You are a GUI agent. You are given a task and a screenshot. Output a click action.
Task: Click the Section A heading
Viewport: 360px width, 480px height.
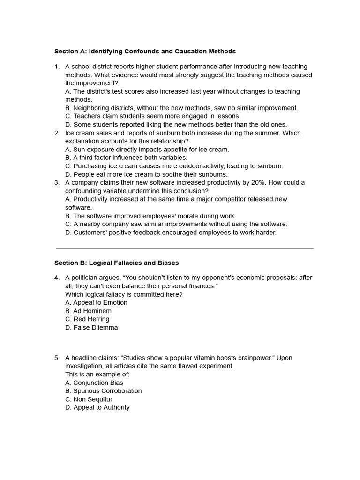[145, 52]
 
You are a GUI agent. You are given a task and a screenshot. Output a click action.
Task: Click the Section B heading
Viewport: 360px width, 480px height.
[116, 263]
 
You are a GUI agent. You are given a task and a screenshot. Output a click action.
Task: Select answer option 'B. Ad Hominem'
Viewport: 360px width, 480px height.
[88, 311]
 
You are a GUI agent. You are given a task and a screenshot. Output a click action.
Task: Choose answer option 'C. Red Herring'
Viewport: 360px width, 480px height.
[87, 319]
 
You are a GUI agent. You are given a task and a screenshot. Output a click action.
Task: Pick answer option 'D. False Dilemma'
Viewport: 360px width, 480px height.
[91, 328]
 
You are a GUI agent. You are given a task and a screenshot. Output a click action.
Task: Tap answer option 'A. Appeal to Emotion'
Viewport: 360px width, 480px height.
[96, 303]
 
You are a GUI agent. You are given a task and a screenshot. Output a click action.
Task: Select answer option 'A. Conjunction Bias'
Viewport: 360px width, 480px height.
[94, 383]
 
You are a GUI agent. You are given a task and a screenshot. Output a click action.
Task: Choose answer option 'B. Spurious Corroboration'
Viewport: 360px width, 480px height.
[103, 391]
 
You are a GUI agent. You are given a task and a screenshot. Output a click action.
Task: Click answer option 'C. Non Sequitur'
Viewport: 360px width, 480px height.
[89, 399]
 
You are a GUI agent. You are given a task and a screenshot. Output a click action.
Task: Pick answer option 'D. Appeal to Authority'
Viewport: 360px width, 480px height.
[97, 407]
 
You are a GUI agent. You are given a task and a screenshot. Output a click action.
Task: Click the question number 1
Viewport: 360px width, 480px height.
[57, 67]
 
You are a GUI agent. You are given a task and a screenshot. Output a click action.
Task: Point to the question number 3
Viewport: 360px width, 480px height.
[57, 182]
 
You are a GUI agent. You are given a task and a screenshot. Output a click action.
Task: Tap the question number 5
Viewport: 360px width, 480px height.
[57, 358]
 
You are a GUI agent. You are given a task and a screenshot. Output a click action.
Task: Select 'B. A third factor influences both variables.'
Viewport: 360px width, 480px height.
[126, 157]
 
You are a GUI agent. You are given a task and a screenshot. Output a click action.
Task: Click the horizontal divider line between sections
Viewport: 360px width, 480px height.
[185, 248]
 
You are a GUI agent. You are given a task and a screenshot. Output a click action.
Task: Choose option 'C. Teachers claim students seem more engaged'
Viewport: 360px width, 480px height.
[152, 116]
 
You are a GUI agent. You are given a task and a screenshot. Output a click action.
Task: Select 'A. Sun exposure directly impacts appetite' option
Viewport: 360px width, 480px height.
[147, 150]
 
